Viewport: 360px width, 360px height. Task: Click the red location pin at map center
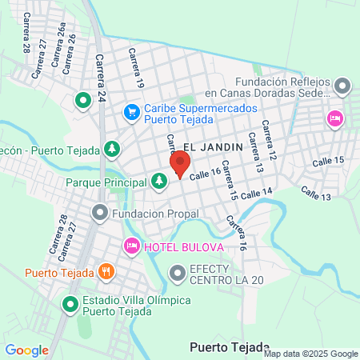(179, 165)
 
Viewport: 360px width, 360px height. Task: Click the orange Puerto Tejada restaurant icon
(105, 271)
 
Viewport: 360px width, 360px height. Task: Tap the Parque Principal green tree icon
(160, 182)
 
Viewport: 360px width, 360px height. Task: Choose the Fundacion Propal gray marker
(100, 213)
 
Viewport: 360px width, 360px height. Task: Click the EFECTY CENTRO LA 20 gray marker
(177, 274)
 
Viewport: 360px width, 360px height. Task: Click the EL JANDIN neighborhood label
(206, 146)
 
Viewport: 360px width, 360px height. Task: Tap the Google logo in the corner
(26, 350)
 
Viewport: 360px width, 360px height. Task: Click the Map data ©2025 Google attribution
(311, 354)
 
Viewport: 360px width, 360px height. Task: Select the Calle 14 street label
(256, 192)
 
